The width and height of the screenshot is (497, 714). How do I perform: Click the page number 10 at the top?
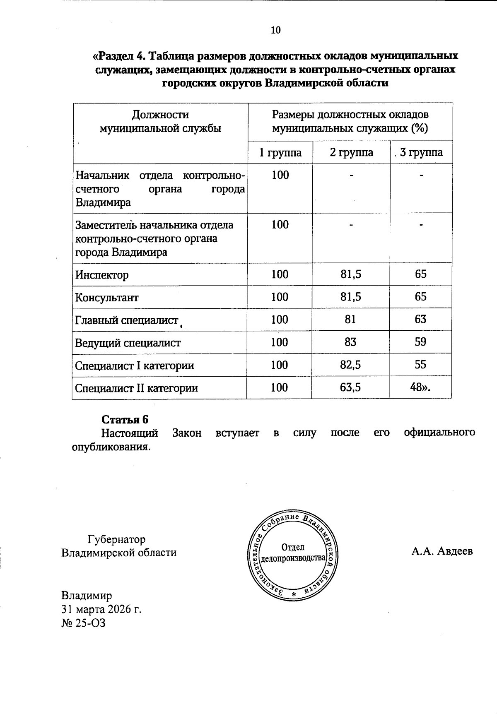tap(275, 30)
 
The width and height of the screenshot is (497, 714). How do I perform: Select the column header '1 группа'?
tap(280, 153)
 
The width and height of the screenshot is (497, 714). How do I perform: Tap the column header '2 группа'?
tap(351, 153)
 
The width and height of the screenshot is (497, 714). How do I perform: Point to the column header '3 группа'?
tap(421, 153)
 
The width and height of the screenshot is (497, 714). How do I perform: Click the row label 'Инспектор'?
tap(102, 275)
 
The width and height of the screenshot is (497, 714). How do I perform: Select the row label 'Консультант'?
tap(107, 298)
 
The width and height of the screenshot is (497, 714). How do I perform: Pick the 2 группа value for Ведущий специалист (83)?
tap(350, 342)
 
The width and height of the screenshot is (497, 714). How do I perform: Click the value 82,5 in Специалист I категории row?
tap(351, 365)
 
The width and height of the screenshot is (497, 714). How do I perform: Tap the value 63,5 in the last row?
tap(351, 387)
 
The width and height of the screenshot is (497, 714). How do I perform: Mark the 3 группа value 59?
tap(420, 342)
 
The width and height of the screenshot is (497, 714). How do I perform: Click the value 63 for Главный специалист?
tap(420, 319)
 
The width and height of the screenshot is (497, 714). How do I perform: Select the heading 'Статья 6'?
tap(125, 419)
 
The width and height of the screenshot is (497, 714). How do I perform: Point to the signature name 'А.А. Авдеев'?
tap(442, 552)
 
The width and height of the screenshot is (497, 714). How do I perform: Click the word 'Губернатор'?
tap(116, 539)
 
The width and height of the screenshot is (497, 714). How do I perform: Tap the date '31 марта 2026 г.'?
tap(101, 609)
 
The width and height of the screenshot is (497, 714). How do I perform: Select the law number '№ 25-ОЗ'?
tap(83, 623)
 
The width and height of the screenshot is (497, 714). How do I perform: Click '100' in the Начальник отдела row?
tap(280, 175)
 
